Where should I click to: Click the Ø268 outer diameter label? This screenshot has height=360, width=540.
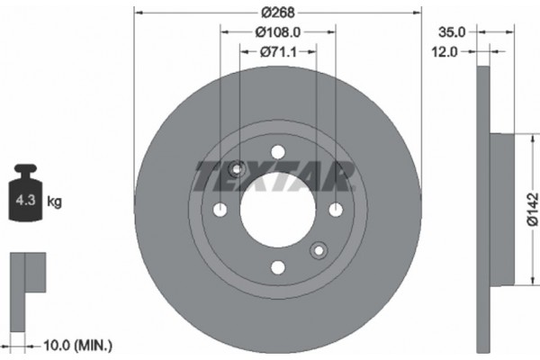click(x=277, y=12)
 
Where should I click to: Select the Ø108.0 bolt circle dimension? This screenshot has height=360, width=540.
click(x=277, y=31)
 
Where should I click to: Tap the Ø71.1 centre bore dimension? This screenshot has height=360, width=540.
click(x=279, y=51)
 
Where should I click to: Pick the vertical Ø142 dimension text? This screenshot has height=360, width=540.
click(x=532, y=208)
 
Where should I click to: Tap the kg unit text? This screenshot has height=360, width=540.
click(x=54, y=202)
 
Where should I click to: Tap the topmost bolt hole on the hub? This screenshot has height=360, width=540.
click(x=277, y=150)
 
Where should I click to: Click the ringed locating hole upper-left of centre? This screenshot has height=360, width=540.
click(x=238, y=168)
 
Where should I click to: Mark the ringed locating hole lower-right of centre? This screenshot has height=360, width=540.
click(x=318, y=249)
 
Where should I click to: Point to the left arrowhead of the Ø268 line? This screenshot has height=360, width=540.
click(x=137, y=12)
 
